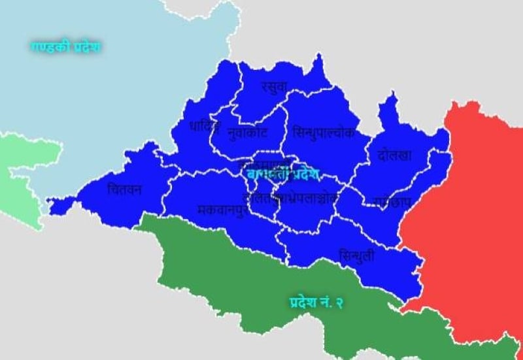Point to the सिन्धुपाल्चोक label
324,132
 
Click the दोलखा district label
395,155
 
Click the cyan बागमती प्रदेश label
282,174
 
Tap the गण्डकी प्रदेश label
65,46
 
